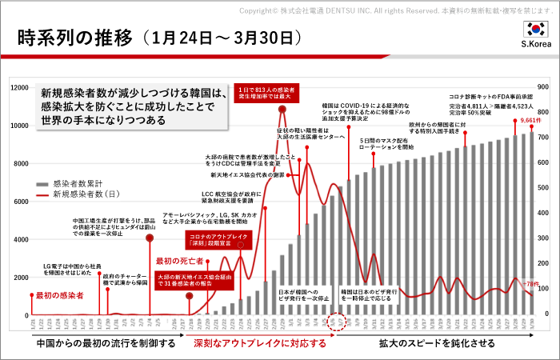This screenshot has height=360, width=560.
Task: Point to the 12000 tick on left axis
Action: point(18,87)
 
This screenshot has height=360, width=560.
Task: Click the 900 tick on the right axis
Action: point(542,87)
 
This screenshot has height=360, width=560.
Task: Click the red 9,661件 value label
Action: point(531,120)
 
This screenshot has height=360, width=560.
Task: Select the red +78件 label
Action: point(530,284)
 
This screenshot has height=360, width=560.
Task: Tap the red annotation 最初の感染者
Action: point(60,295)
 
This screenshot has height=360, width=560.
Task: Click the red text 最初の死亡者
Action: point(175,261)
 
